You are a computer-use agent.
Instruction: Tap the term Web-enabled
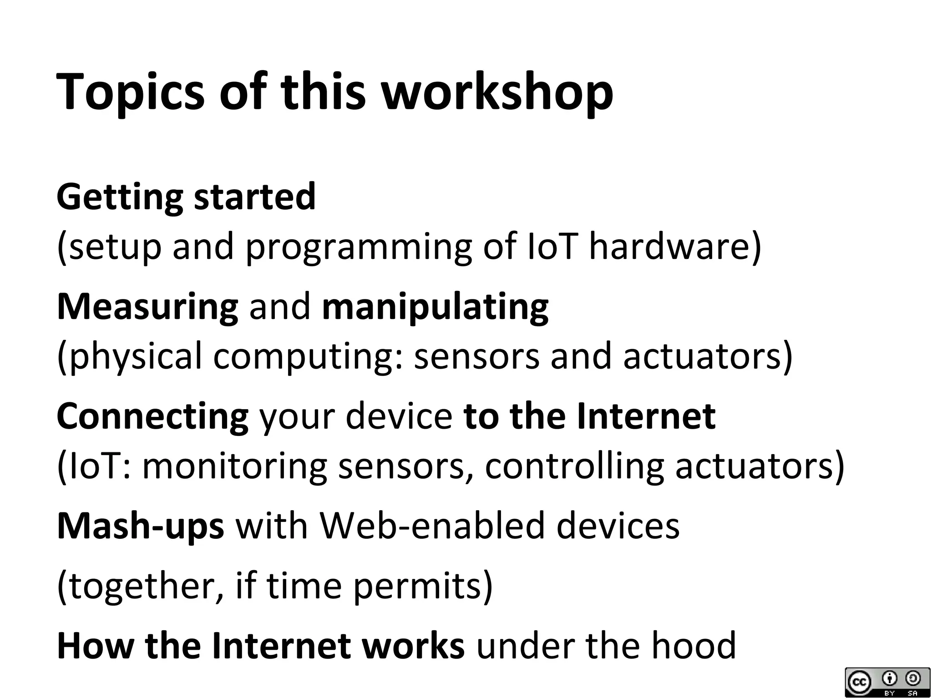(432, 526)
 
